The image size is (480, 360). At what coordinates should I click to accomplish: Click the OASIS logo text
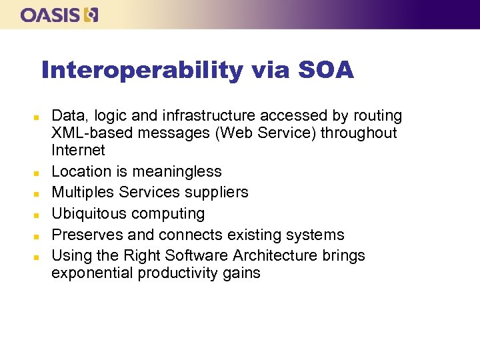click(51, 15)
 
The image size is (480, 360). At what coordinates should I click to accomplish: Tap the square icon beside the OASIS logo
click(91, 15)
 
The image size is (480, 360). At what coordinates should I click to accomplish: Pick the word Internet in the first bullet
click(78, 150)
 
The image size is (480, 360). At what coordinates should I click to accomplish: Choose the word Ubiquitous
click(89, 214)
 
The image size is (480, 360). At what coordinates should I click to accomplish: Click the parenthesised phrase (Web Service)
click(265, 133)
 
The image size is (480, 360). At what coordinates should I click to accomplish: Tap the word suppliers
click(219, 193)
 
